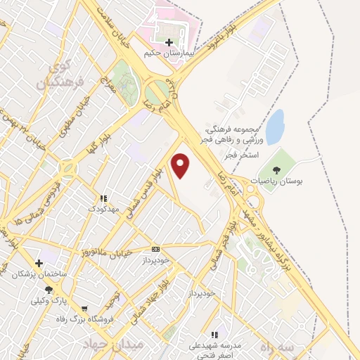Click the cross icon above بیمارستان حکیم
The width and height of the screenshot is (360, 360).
point(169,42)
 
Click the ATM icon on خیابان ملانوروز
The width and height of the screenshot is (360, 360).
point(155,249)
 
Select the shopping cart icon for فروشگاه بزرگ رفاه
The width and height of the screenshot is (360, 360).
point(84,309)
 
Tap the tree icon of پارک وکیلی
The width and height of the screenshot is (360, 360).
point(49,290)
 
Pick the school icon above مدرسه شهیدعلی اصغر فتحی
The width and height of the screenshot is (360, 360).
point(215,335)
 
